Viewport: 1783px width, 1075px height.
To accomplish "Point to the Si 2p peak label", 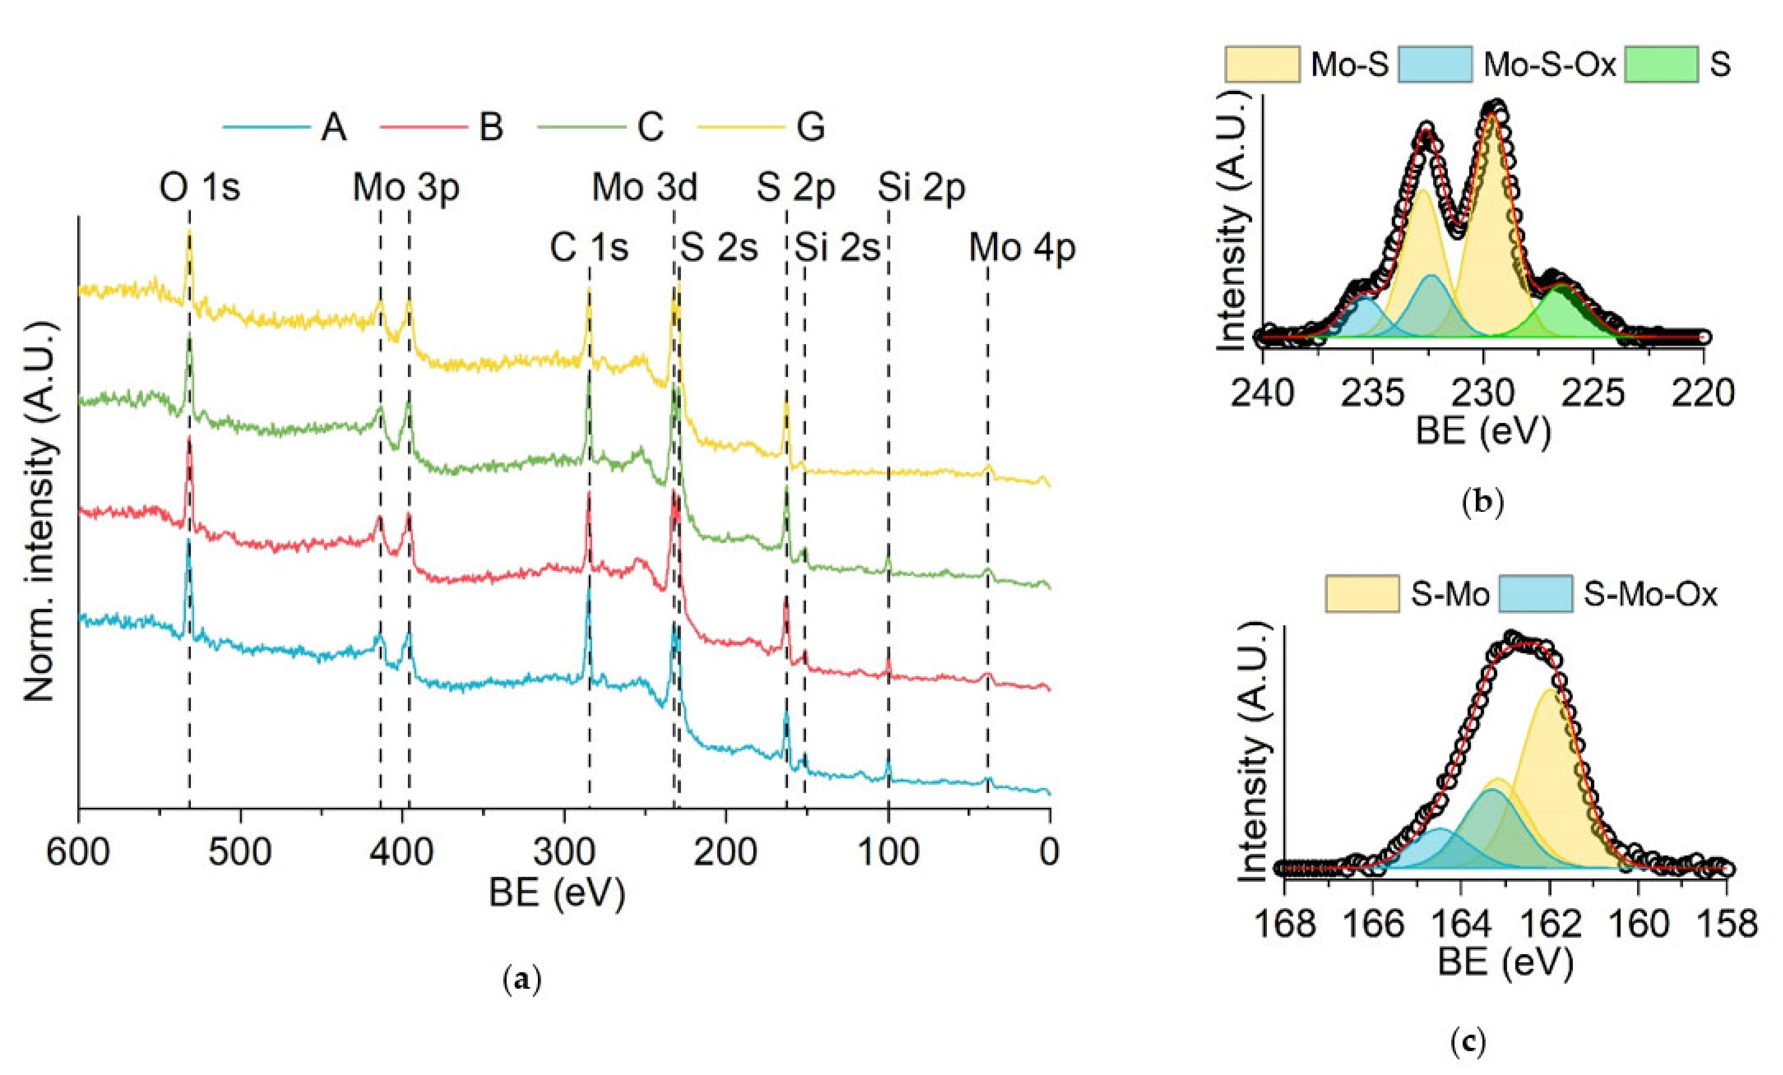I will click(921, 187).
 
